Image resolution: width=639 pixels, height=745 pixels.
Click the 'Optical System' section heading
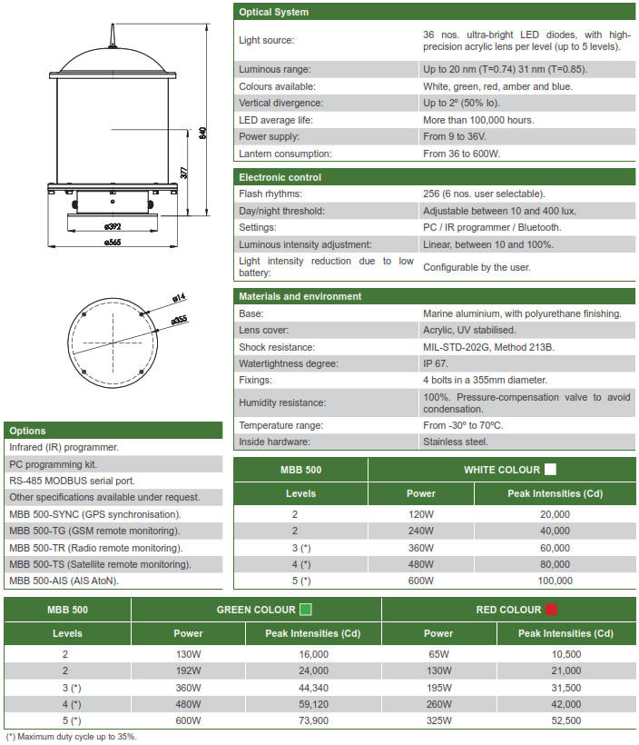coord(273,12)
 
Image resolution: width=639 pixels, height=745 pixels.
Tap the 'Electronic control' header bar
coord(280,177)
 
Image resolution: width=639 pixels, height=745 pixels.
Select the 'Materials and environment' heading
coord(300,296)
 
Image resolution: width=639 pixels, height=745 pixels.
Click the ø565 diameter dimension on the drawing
coord(113,243)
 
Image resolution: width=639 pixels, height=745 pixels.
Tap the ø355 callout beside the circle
coord(178,319)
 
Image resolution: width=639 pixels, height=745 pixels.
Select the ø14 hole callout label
coord(178,297)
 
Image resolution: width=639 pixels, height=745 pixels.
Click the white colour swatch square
coord(549,470)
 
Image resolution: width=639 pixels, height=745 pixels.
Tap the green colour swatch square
coord(306,610)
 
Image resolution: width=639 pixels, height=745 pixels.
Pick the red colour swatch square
coord(551,610)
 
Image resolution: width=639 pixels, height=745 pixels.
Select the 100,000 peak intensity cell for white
coord(554,581)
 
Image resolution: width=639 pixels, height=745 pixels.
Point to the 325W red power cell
coord(437,720)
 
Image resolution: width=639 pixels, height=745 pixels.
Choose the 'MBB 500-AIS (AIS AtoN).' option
coord(64,581)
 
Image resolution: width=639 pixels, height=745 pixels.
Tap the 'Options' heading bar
coord(27,431)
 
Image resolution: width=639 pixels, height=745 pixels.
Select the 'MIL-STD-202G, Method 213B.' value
coord(488,347)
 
